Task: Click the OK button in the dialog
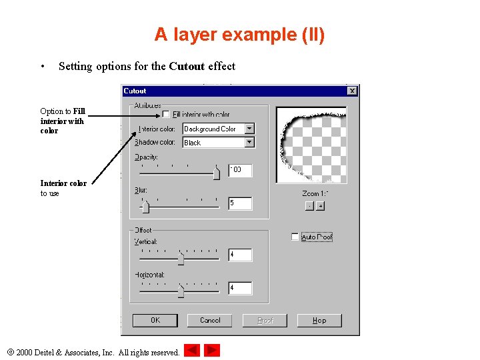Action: click(x=155, y=321)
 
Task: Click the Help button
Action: click(x=319, y=321)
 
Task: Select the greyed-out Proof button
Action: click(x=265, y=321)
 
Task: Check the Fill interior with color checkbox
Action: click(x=167, y=114)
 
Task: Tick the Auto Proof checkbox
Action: click(x=295, y=237)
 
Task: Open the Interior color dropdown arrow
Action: click(x=249, y=129)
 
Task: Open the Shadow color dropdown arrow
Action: click(x=249, y=142)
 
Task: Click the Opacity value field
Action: click(x=239, y=170)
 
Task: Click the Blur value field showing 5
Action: click(x=239, y=203)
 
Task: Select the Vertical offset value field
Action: click(x=239, y=255)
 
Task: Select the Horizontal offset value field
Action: click(x=239, y=288)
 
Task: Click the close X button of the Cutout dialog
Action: click(x=352, y=91)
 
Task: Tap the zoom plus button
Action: click(x=320, y=206)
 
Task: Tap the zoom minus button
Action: click(x=309, y=206)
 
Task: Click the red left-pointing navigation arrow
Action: click(x=192, y=350)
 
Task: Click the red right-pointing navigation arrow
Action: click(x=212, y=350)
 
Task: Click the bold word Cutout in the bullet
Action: click(x=187, y=66)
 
